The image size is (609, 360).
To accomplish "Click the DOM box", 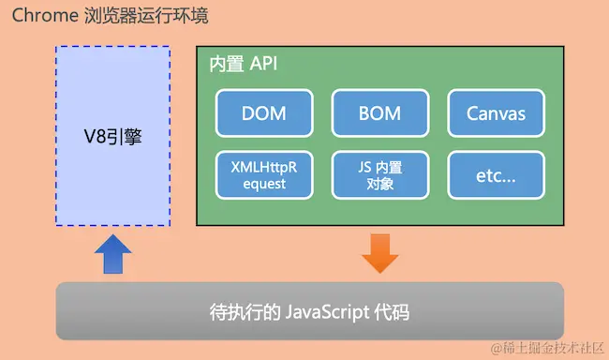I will tap(263, 114).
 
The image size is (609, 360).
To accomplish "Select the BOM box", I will tap(379, 114).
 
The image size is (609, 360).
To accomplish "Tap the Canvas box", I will tap(496, 114).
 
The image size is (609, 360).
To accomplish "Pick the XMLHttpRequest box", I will tap(263, 174).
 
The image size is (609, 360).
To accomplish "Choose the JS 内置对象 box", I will tap(379, 174).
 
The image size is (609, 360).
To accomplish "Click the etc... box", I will tap(496, 174).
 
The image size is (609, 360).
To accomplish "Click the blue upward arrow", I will tap(113, 253).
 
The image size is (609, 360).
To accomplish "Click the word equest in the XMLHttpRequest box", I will tap(263, 184).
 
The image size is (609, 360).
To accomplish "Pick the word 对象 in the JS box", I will tap(379, 184).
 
